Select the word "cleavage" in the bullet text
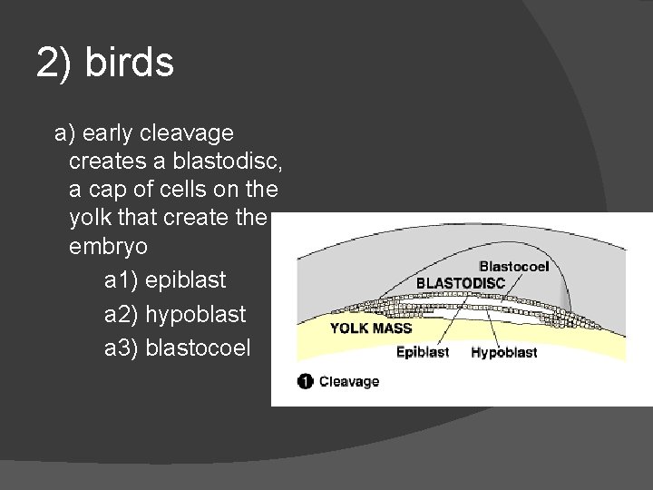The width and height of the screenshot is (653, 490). (x=190, y=133)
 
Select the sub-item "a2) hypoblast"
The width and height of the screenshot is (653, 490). (x=174, y=315)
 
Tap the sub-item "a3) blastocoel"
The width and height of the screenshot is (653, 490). (x=177, y=348)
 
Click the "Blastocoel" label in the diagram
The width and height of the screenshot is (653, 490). (x=513, y=267)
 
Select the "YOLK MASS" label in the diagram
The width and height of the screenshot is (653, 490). (x=370, y=328)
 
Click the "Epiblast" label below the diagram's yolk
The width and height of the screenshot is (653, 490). (x=422, y=352)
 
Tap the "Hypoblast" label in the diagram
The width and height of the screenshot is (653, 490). (x=503, y=352)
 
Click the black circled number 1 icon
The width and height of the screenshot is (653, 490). (x=305, y=381)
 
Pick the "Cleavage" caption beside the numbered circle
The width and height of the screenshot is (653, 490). (x=349, y=381)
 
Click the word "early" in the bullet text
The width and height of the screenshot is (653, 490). (x=108, y=133)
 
